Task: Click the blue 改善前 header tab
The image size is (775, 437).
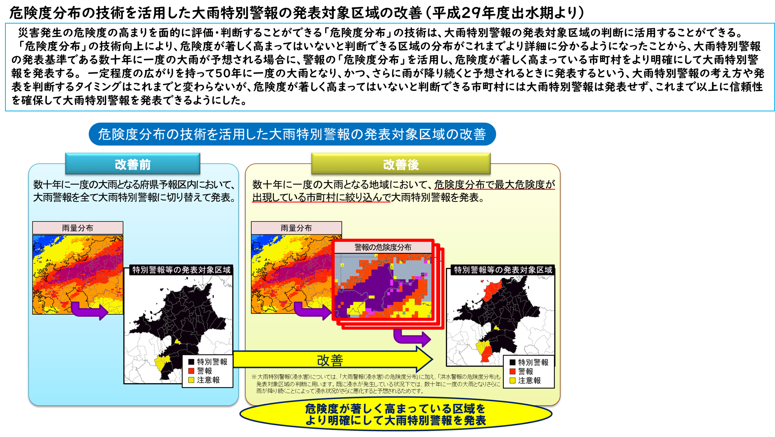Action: click(x=132, y=164)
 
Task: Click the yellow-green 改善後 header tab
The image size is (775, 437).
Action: click(x=401, y=164)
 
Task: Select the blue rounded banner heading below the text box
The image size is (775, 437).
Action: click(x=292, y=134)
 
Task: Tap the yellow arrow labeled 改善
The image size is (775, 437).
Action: click(x=333, y=359)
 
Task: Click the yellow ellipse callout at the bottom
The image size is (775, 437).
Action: click(x=396, y=414)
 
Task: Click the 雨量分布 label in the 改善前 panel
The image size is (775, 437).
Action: click(x=77, y=228)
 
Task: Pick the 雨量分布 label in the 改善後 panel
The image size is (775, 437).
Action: click(x=296, y=228)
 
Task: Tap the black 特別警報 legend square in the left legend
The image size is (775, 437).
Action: click(x=191, y=362)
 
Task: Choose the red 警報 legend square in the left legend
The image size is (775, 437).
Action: click(x=191, y=371)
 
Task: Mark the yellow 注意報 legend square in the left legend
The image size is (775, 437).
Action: click(x=191, y=380)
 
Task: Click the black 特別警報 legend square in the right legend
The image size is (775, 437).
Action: click(x=513, y=362)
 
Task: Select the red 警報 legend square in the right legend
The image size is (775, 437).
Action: click(x=513, y=371)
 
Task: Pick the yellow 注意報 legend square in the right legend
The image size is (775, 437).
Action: click(x=513, y=381)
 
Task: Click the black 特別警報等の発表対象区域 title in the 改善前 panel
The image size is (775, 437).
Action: click(x=181, y=270)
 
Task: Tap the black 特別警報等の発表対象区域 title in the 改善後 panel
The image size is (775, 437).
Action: click(x=503, y=270)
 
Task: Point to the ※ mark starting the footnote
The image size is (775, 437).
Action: click(x=254, y=377)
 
